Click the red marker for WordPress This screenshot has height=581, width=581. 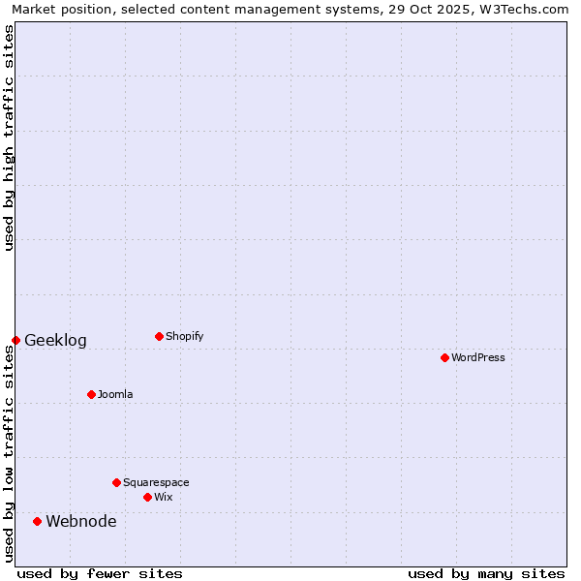[x=444, y=357]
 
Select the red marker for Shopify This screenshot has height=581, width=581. [x=159, y=336]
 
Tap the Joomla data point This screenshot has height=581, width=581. [x=91, y=394]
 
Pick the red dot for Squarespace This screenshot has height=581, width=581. [x=116, y=482]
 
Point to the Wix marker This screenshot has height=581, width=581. [x=147, y=497]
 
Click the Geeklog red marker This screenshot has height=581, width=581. [x=15, y=340]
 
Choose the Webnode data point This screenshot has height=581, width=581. [x=37, y=521]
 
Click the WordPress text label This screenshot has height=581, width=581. [x=478, y=357]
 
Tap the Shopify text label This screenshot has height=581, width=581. [x=185, y=336]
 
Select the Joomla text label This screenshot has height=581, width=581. [x=115, y=394]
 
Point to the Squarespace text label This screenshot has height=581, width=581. [x=156, y=482]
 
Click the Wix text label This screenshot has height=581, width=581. [x=164, y=497]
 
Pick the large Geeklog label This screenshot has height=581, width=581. [x=55, y=340]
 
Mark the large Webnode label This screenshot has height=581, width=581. [x=81, y=521]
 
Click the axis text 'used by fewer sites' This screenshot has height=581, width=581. [x=100, y=573]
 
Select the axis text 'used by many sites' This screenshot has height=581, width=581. [x=486, y=573]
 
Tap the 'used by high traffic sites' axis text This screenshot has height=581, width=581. [x=9, y=138]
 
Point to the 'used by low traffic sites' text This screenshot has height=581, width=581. [x=9, y=452]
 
